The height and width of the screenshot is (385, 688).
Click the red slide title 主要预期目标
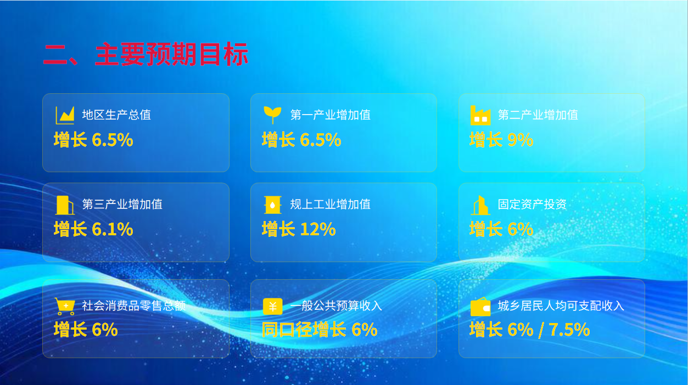coord(172,54)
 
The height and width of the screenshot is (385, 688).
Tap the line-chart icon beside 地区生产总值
coord(65,115)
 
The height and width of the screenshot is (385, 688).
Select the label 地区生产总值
coord(116,115)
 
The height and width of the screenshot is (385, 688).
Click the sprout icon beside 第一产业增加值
coord(272,115)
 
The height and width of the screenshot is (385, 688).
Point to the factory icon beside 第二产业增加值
coord(480,115)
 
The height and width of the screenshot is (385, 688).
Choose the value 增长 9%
coord(501,140)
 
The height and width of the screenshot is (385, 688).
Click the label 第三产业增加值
coord(122,205)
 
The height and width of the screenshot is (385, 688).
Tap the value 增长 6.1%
coord(93,229)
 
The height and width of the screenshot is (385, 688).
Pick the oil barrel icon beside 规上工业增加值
coord(272,205)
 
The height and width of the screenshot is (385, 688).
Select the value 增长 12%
coord(299,229)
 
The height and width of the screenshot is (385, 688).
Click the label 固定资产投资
coord(532,205)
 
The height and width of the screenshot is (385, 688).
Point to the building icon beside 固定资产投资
coord(480,205)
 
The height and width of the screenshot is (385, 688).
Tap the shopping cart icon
coord(65,306)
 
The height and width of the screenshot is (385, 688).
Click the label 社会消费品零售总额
coord(134,306)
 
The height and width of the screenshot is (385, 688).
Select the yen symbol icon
coord(273,307)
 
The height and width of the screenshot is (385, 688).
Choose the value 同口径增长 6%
coord(320,330)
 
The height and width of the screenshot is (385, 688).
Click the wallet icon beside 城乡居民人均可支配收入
coord(480,307)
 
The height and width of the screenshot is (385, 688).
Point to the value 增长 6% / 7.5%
coord(530,330)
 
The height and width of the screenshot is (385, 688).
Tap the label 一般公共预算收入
coord(336,306)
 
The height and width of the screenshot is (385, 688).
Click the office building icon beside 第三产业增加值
coord(65,205)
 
